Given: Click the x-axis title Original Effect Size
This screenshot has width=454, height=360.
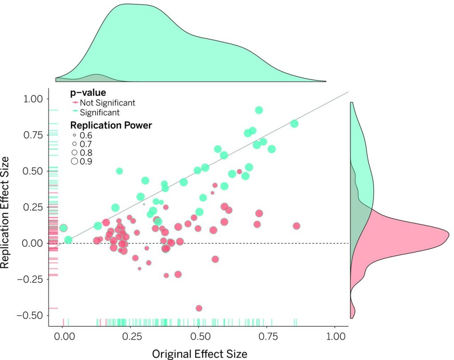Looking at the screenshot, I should [200, 353].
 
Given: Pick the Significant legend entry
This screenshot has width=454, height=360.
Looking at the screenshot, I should [99, 113].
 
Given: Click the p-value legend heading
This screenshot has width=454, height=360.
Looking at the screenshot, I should [88, 93].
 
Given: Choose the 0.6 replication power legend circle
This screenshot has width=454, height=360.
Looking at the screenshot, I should [74, 135].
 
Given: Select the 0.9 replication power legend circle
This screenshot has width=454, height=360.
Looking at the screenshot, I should [74, 161].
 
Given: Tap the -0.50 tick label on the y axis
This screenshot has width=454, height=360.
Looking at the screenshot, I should [31, 315].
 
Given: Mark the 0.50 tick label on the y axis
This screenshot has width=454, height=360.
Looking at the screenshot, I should [34, 171].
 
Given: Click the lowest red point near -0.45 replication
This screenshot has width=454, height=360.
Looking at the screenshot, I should [199, 308].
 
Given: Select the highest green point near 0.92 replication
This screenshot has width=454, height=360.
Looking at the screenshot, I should [259, 110].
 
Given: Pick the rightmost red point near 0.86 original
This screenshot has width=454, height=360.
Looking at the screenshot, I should [296, 226].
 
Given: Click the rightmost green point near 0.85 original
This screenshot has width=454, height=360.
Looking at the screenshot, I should [294, 124].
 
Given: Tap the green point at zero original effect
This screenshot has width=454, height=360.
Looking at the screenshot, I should [63, 228].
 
